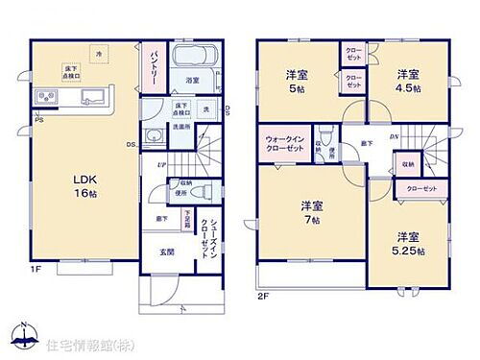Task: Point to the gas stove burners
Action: [48, 98]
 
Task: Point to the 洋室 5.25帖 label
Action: [408, 243]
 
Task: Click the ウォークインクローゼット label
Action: [286, 148]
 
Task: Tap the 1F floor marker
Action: [36, 270]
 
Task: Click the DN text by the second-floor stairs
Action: [394, 137]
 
